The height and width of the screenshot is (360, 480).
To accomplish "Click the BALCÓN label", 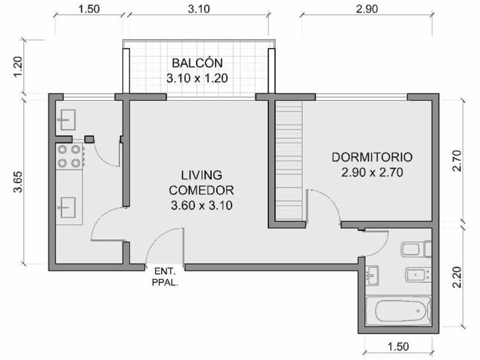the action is point(197,63).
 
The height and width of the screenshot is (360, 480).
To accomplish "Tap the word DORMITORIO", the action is point(372,157).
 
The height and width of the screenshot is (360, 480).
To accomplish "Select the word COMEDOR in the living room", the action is point(201,190).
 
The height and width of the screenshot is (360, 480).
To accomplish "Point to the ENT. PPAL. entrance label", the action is point(165,277).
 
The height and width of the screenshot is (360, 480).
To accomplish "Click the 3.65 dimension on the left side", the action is point(18,182).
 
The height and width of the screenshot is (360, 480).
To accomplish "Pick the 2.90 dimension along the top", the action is point(367,9).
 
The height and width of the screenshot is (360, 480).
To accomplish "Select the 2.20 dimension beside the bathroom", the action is point(457,277).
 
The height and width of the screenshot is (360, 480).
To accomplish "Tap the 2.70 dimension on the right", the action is point(457,161).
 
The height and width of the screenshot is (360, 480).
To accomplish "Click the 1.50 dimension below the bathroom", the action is point(398,346).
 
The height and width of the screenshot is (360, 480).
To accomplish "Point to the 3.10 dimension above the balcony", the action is point(199,9).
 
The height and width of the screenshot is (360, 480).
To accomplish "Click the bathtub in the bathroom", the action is point(398,311).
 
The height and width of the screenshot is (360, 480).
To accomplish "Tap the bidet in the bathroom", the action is point(418,275).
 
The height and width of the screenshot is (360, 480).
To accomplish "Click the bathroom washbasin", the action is point(372,275).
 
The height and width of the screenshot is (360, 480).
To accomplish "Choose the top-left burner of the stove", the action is point(62,150).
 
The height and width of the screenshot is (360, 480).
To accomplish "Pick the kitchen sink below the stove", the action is point(67,207).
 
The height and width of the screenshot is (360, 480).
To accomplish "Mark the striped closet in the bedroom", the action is point(289,161).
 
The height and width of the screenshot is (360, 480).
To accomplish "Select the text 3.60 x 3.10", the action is point(201,205).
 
